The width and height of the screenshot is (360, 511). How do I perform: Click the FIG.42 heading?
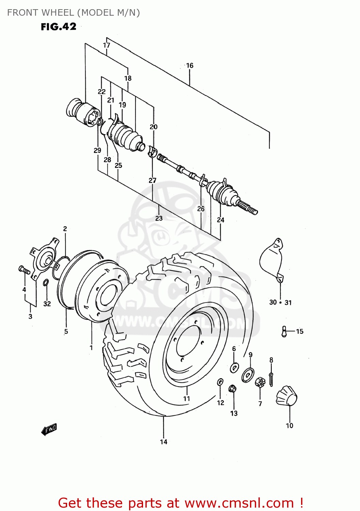pyautogui.click(x=59, y=27)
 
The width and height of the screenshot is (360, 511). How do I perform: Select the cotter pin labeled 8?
pyautogui.click(x=271, y=379)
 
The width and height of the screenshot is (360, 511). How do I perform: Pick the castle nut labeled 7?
pyautogui.click(x=260, y=383)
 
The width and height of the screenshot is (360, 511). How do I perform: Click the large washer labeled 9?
pyautogui.click(x=248, y=375)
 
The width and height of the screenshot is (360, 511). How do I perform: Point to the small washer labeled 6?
pyautogui.click(x=234, y=368)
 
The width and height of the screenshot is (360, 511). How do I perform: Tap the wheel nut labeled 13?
pyautogui.click(x=233, y=388)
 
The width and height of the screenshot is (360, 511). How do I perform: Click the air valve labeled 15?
pyautogui.click(x=284, y=331)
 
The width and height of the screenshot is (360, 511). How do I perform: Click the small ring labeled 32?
pyautogui.click(x=46, y=282)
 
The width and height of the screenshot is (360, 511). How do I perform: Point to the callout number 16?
pyautogui.click(x=190, y=65)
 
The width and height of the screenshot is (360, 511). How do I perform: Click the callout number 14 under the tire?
pyautogui.click(x=163, y=442)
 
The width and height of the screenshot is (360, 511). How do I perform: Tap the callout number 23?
pyautogui.click(x=159, y=218)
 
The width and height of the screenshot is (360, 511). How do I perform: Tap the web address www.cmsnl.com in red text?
pyautogui.click(x=239, y=503)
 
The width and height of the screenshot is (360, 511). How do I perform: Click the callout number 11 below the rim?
pyautogui.click(x=186, y=399)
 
